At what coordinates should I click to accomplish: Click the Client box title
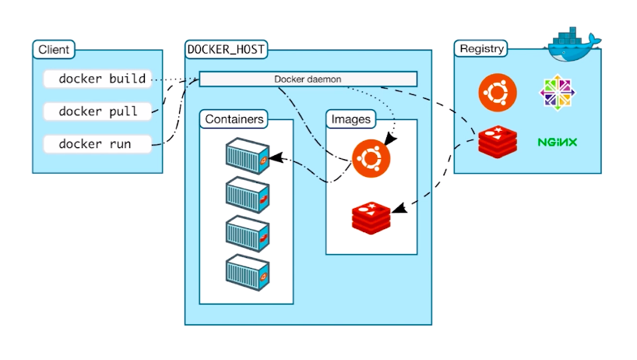[x=54, y=49]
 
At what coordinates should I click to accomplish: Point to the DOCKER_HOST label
[x=226, y=49]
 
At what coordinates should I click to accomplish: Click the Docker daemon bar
[x=308, y=79]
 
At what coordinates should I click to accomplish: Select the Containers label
[x=234, y=120]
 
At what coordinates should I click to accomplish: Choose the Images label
[x=351, y=120]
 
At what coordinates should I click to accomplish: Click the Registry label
[x=482, y=49]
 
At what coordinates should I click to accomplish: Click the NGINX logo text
[x=557, y=143]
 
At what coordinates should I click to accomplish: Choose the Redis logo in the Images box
[x=371, y=217]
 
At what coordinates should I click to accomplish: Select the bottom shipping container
[x=247, y=270]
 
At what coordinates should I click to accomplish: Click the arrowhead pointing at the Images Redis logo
[x=397, y=209]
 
